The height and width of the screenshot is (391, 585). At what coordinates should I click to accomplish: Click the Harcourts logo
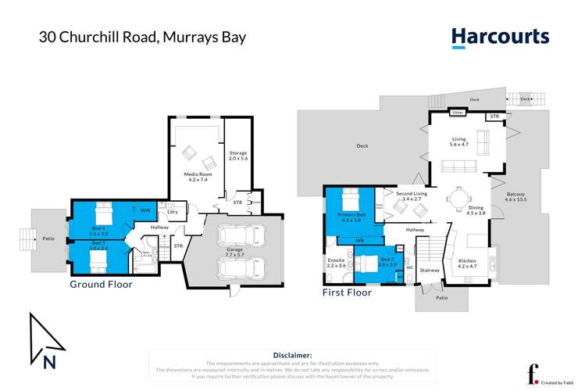point(500,36)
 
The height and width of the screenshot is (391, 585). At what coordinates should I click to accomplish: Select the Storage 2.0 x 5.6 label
point(237,156)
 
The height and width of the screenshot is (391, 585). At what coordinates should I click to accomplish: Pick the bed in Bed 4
point(103,213)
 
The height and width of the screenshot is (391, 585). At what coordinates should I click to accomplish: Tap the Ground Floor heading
point(102,285)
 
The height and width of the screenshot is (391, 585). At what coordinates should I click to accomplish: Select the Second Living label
point(409,195)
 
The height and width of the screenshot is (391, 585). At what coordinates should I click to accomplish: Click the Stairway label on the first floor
point(430,270)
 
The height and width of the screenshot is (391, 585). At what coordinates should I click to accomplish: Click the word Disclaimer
point(292,355)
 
